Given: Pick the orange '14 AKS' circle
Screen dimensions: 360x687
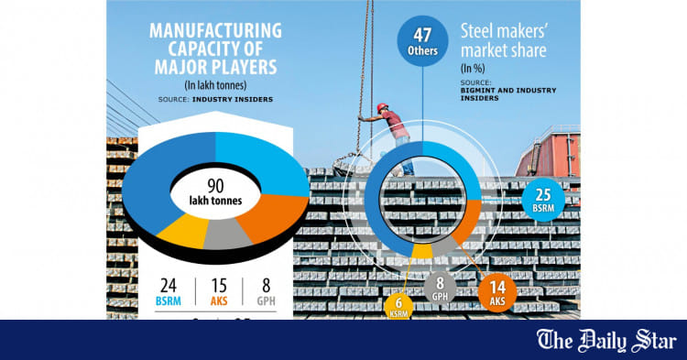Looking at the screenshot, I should [496, 290].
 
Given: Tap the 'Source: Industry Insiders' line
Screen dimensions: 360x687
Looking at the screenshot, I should [213, 98].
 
